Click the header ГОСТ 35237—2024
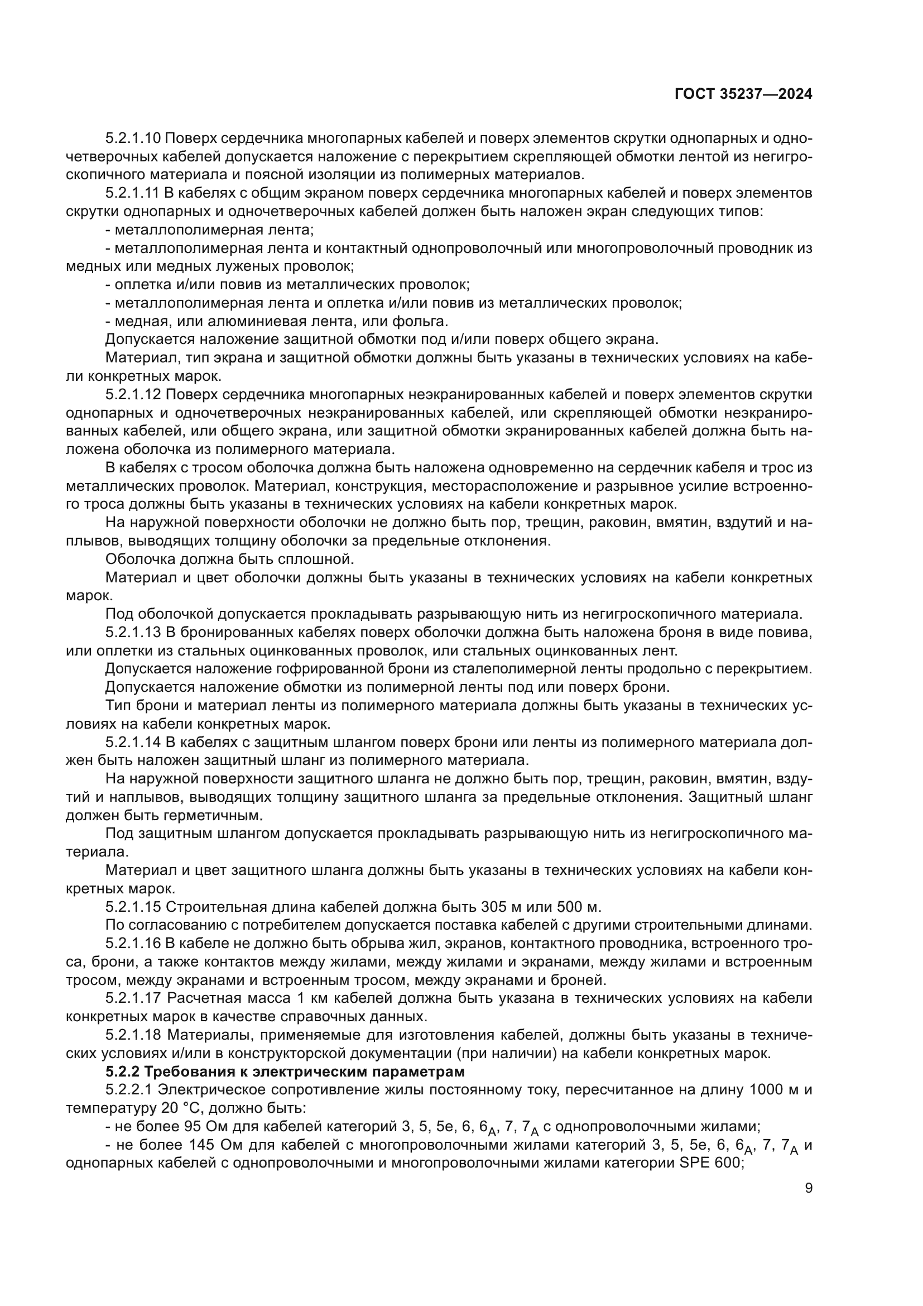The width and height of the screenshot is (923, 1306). pos(743,94)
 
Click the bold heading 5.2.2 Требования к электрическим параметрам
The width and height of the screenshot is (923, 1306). pos(285,1071)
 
